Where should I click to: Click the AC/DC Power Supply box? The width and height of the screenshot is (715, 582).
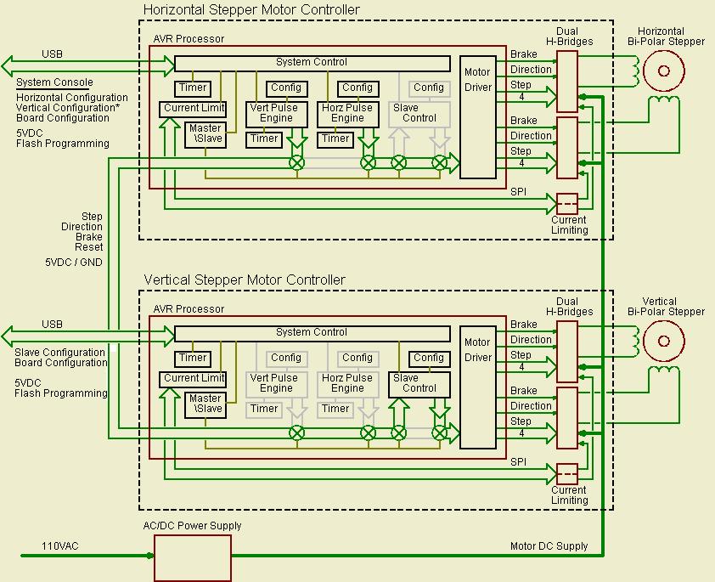coord(192,558)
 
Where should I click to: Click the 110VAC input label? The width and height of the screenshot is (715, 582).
coord(60,546)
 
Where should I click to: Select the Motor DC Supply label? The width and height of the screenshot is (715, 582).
coord(549,546)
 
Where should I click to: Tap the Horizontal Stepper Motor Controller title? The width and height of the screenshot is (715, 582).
coord(251,10)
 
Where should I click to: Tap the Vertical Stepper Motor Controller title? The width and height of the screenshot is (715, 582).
coord(245,280)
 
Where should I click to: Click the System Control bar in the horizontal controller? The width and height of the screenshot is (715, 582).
coord(312,63)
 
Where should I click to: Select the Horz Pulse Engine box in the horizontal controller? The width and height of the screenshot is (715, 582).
coord(347,114)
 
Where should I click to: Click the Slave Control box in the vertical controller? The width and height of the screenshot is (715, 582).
coord(419,384)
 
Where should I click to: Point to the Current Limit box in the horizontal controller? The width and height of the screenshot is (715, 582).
coord(194,109)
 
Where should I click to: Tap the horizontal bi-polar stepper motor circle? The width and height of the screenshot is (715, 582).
coord(663,71)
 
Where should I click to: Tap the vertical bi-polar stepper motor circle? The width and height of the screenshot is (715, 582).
coord(663,341)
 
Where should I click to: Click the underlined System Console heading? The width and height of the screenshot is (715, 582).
coord(54,82)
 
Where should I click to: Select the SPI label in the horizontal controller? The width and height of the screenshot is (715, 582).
coord(519,192)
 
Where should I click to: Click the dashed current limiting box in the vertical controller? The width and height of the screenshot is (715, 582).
coord(566,474)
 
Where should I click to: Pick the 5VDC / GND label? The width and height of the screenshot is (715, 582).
coord(73,263)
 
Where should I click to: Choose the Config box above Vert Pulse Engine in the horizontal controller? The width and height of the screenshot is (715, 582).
coord(286,88)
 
